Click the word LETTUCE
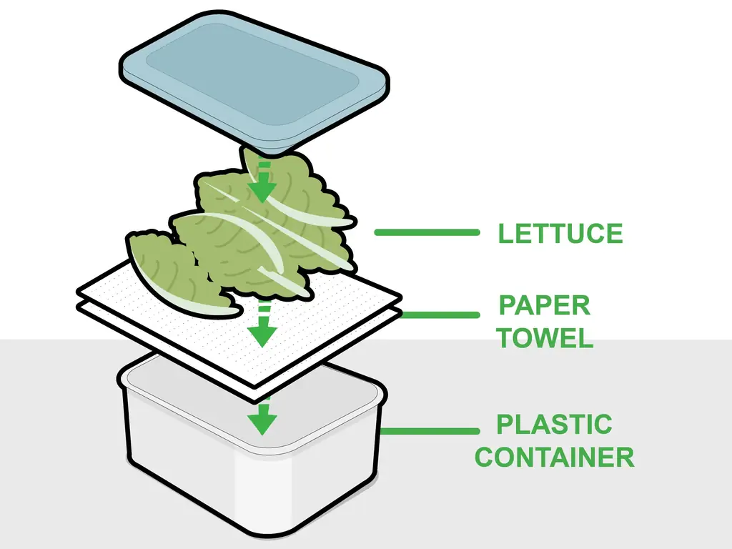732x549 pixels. click(560, 234)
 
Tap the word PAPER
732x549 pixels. click(544, 306)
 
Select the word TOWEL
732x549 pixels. click(544, 338)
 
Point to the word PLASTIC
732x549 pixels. click(554, 425)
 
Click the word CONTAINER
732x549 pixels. click(555, 457)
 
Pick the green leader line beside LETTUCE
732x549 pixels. click(427, 232)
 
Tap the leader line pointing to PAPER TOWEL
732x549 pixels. click(439, 315)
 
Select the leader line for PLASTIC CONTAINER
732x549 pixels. click(430, 431)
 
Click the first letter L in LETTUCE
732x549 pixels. click(506, 234)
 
